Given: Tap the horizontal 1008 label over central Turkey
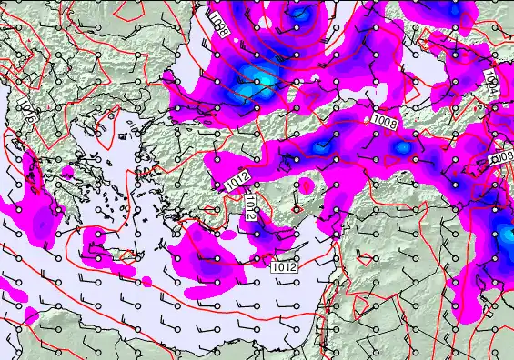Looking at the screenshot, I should tap(384, 120).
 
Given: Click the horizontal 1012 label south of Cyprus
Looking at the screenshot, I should tap(284, 266).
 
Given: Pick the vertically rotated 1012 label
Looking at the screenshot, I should tap(251, 210).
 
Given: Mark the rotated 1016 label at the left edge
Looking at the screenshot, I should tap(30, 117).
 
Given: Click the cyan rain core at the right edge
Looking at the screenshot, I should tap(503, 238).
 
